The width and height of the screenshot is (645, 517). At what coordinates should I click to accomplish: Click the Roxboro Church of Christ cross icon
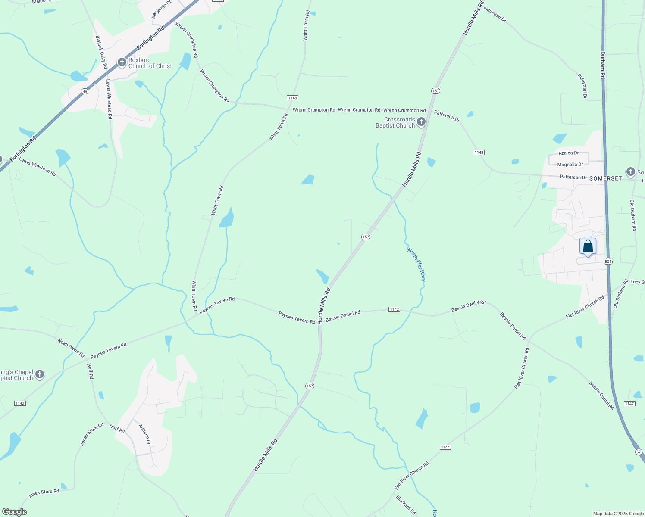pos(122,63)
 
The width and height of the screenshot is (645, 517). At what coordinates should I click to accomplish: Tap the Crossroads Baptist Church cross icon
pos(421,122)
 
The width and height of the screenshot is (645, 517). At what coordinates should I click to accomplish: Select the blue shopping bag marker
pos(588,247)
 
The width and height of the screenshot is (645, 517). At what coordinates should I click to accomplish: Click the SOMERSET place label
pos(605,178)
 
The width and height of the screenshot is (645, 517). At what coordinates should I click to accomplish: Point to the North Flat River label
pos(416,265)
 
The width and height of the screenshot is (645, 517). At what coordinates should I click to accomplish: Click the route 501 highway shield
pos(608,262)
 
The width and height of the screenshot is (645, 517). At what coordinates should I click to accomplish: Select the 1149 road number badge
pos(293,98)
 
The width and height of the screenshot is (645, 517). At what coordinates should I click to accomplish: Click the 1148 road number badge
pos(479,153)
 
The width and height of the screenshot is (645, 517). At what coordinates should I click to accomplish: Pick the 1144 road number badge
pos(445,447)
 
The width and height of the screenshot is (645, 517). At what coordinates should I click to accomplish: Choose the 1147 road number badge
pos(629,404)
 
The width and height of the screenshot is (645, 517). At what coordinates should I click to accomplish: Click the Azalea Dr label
pos(568,153)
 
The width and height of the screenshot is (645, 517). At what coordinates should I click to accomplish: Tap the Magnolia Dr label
pos(570,165)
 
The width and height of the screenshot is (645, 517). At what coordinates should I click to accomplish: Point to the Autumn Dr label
pos(145,434)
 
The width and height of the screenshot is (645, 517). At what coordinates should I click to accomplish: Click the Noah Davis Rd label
pos(71,348)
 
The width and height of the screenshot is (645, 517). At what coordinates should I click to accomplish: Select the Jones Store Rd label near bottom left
pos(44,494)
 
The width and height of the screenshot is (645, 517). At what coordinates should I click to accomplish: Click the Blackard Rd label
pos(406,505)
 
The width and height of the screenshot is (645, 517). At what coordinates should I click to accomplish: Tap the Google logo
pos(14,512)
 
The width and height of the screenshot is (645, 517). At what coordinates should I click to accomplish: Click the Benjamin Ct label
pos(156,9)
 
